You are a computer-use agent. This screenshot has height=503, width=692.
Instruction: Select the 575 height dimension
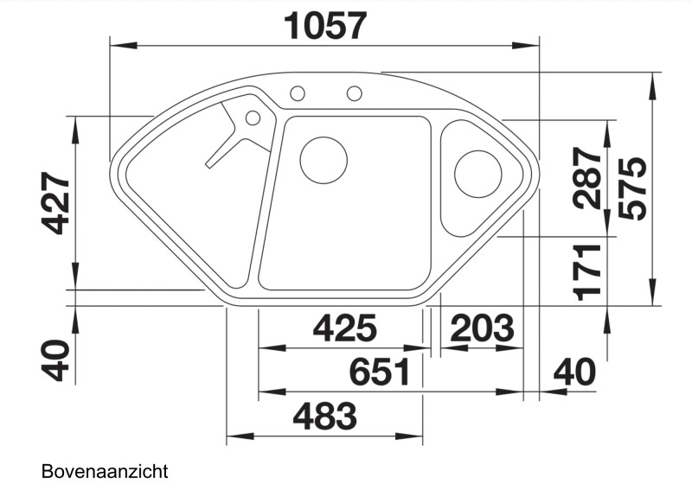click(633, 188)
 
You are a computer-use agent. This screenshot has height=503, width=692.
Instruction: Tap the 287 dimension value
click(587, 179)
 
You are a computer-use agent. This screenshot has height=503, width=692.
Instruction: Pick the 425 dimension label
click(344, 329)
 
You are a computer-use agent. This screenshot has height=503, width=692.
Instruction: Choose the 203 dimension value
click(483, 329)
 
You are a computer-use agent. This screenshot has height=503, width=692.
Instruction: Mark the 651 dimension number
click(379, 373)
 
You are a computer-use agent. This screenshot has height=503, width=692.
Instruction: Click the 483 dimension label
click(324, 418)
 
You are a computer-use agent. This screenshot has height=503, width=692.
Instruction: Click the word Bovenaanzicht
click(104, 472)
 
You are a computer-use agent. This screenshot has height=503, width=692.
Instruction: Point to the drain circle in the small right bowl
click(476, 174)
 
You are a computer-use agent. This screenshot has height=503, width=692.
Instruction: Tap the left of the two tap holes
click(298, 92)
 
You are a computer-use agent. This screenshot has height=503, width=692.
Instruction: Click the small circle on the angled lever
click(253, 118)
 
